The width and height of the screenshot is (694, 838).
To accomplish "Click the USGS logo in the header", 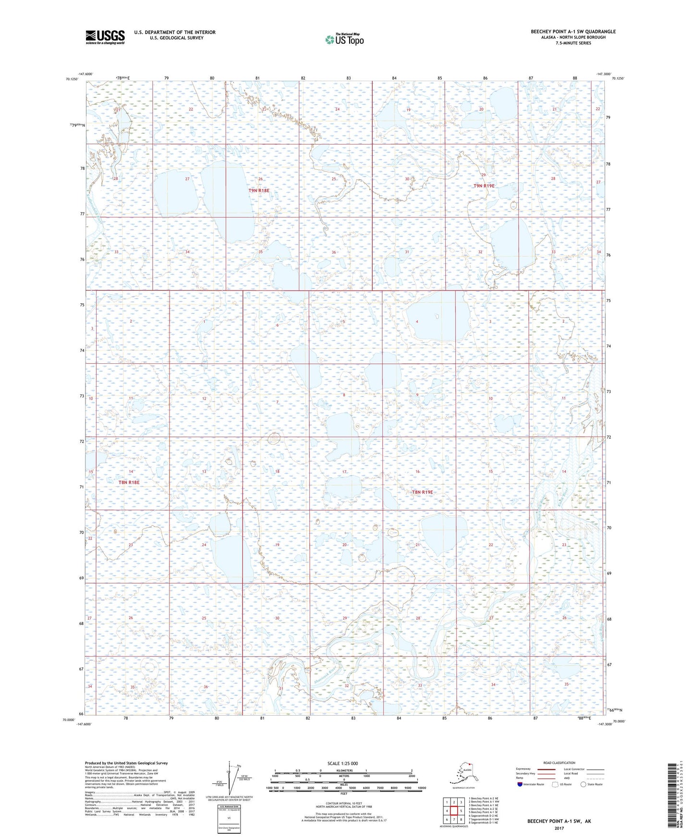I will (105, 36).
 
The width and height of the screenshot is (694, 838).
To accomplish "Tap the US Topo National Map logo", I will (344, 39).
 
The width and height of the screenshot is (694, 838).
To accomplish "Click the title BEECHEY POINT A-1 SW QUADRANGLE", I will (573, 32).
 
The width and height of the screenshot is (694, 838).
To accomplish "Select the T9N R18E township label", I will (259, 191).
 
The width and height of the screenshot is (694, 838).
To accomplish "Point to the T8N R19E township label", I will (422, 492).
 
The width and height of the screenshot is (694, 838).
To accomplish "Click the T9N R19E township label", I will (484, 186).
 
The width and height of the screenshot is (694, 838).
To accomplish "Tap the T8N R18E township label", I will (129, 482).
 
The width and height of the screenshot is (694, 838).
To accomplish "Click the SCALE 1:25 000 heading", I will (343, 764).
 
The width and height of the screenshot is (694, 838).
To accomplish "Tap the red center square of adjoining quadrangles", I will (453, 811).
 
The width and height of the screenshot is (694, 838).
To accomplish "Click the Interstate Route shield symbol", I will (521, 784).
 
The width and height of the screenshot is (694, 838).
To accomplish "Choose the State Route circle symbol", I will (584, 784).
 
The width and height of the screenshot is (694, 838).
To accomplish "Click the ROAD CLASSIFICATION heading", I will (559, 763).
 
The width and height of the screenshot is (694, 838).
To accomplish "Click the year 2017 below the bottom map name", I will (559, 828).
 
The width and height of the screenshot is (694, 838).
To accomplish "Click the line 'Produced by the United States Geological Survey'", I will (126, 763).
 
